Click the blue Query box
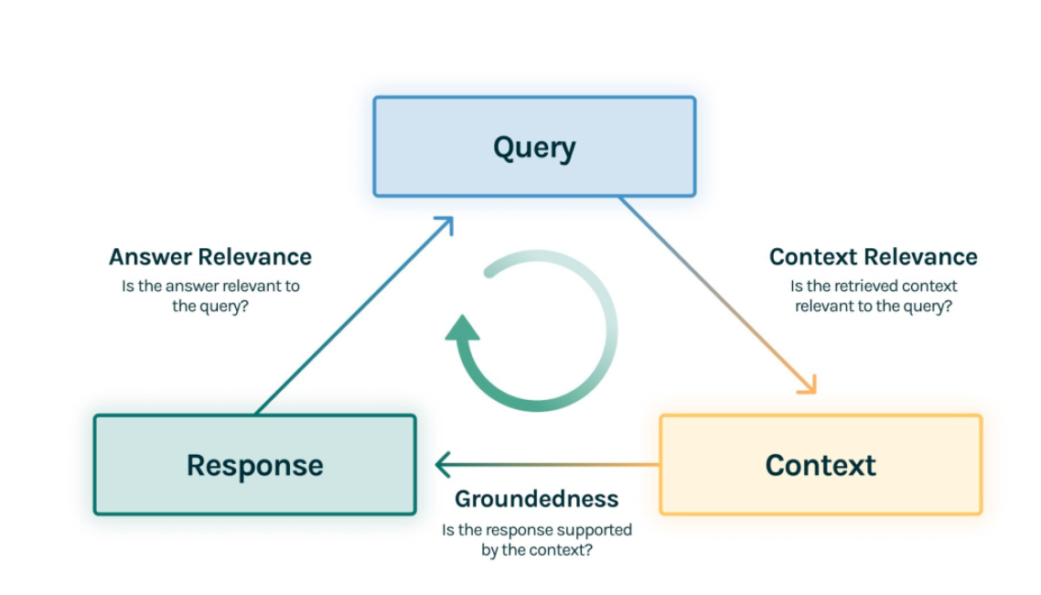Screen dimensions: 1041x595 point(534,146)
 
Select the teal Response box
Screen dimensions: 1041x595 point(255,465)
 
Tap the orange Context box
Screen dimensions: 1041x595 point(821,465)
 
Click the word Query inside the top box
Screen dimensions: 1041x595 point(534,148)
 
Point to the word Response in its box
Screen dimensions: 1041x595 point(255,466)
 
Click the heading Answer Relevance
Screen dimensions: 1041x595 point(210,257)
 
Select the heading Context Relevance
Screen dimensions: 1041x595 point(873,257)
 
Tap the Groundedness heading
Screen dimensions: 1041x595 point(536,500)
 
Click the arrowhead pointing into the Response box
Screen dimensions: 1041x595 point(443,465)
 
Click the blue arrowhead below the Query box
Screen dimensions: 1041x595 point(445,225)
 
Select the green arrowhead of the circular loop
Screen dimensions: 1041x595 point(462,328)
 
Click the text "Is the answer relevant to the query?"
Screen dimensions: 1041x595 point(210,297)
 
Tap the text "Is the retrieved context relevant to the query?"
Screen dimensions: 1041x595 point(873,297)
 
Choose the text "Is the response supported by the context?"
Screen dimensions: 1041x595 point(536,540)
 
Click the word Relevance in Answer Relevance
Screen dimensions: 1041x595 point(255,257)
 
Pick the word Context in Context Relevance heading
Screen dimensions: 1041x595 point(812,257)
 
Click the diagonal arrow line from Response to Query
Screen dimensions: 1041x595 point(355,316)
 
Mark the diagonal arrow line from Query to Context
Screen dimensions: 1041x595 point(718,296)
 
